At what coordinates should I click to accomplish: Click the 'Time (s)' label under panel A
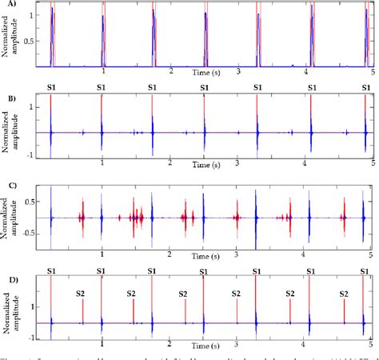[206, 73]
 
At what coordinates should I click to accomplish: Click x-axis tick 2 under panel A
[170, 73]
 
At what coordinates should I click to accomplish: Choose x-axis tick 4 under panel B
[305, 163]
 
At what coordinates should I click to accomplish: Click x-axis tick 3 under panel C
[237, 254]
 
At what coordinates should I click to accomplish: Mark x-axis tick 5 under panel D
[370, 345]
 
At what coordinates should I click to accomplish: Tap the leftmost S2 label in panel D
[82, 294]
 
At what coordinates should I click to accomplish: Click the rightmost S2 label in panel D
[343, 294]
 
